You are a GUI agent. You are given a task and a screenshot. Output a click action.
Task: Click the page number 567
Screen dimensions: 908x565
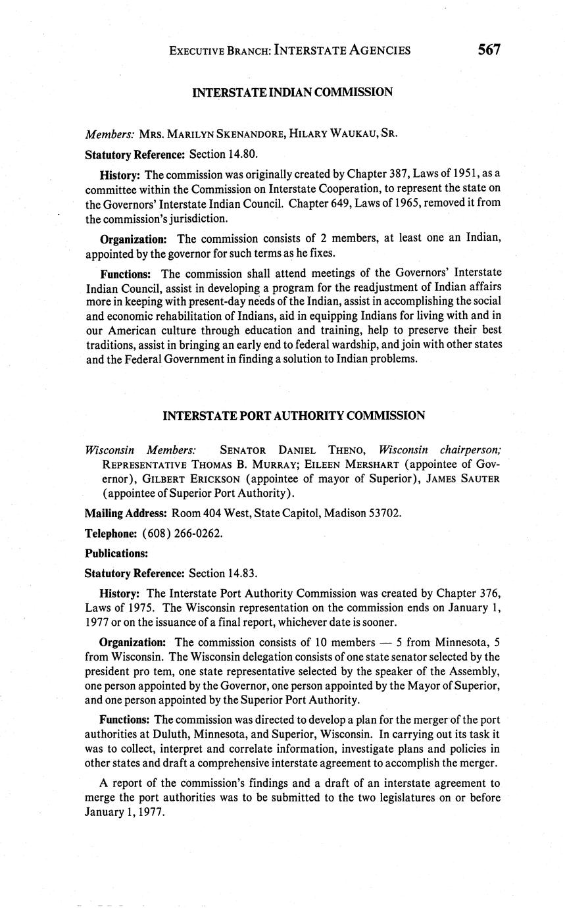(489, 49)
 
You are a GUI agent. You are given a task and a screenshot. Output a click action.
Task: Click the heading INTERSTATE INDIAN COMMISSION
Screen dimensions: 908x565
(292, 92)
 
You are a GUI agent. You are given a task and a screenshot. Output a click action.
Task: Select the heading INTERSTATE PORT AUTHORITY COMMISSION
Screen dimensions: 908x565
(293, 415)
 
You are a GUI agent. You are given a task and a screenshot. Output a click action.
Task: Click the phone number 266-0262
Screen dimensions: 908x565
(199, 533)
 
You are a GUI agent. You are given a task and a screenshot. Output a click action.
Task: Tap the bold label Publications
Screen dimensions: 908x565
(116, 553)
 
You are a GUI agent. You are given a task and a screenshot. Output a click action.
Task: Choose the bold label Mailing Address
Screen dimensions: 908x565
(126, 513)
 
